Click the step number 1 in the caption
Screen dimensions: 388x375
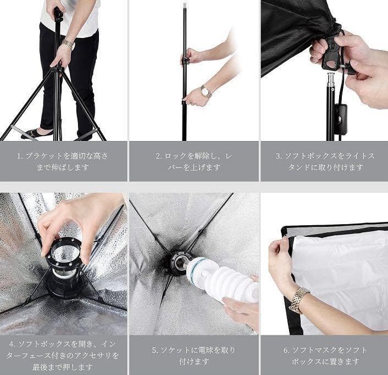(19, 156)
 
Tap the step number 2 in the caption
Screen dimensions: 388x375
(158, 156)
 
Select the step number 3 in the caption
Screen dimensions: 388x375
(279, 156)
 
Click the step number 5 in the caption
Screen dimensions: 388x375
(154, 350)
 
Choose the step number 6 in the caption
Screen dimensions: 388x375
(286, 350)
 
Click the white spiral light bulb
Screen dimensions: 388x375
(221, 279)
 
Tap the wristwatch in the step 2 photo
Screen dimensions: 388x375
(206, 91)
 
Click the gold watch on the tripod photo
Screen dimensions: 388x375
(68, 44)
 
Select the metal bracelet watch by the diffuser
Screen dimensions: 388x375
(299, 300)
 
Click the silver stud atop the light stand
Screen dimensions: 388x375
(331, 79)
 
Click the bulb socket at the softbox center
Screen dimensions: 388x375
(179, 263)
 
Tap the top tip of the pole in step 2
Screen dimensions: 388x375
(185, 3)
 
